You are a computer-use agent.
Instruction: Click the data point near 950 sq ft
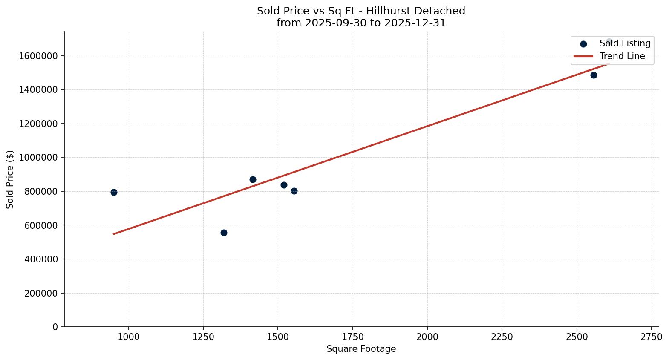click(x=114, y=192)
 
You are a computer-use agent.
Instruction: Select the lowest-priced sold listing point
click(x=224, y=233)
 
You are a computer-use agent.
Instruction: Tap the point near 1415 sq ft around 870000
click(x=253, y=179)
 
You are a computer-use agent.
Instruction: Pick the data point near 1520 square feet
click(x=284, y=185)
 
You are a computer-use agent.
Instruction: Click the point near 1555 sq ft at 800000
click(x=294, y=191)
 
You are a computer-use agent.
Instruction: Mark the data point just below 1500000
click(x=594, y=75)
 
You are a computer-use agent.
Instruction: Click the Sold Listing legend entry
click(x=625, y=43)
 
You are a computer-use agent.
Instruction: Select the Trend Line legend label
click(x=622, y=56)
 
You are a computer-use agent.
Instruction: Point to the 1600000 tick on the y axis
click(x=38, y=56)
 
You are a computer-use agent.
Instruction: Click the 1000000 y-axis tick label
click(x=38, y=158)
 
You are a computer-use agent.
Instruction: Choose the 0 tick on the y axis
click(x=55, y=327)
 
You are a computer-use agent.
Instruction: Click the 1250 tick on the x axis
click(x=203, y=337)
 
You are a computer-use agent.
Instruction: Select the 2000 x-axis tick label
click(x=427, y=337)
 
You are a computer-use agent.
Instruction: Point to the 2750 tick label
click(x=651, y=337)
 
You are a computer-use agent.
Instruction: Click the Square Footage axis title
click(x=361, y=349)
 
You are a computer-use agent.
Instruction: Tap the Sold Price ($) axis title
click(x=10, y=179)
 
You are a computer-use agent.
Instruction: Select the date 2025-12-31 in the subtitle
click(x=415, y=23)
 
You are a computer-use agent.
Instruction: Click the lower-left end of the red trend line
click(x=114, y=234)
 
